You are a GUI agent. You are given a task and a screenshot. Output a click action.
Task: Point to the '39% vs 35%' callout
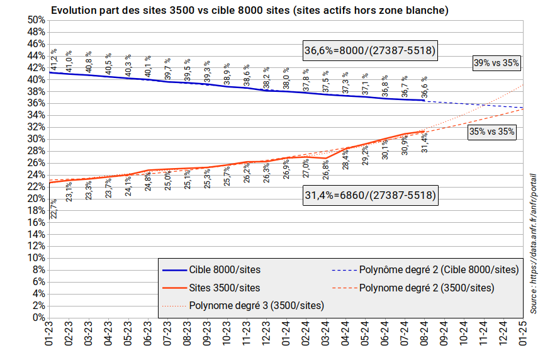pos(497,62)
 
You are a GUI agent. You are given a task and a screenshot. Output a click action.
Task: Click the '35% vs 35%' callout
pos(492,132)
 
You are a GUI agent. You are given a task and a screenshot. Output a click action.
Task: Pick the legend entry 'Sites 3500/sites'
pos(224,288)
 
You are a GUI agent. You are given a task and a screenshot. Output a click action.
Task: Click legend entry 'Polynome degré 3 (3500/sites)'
pos(257,306)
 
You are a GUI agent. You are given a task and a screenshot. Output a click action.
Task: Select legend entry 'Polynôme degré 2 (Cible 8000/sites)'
pos(439,270)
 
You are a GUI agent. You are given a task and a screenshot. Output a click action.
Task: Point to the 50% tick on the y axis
pos(36,20)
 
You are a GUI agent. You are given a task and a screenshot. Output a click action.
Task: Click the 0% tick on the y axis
pos(38,318)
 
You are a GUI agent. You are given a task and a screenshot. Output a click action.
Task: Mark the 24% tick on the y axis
pos(36,175)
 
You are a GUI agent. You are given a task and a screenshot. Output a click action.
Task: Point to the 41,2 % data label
pos(55,60)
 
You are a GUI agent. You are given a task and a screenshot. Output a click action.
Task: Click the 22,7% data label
pos(55,208)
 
